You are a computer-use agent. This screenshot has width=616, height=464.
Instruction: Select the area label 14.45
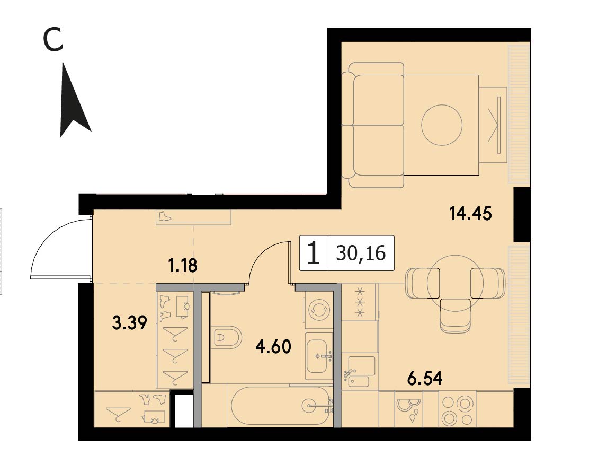[471, 214]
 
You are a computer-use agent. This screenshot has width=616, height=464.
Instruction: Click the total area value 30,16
[361, 253]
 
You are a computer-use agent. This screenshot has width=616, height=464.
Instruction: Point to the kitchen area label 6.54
[425, 379]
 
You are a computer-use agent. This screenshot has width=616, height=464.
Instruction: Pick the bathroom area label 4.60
[273, 347]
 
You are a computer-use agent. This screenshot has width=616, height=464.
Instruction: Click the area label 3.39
[130, 323]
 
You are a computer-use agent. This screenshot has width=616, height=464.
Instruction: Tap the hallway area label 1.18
[182, 266]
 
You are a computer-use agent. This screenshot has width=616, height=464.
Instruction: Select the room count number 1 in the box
[313, 253]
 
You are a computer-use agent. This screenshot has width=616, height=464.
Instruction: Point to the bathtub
[282, 406]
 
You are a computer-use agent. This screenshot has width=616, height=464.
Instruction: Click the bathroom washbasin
[318, 356]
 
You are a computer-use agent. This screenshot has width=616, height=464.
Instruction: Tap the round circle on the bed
[442, 125]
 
